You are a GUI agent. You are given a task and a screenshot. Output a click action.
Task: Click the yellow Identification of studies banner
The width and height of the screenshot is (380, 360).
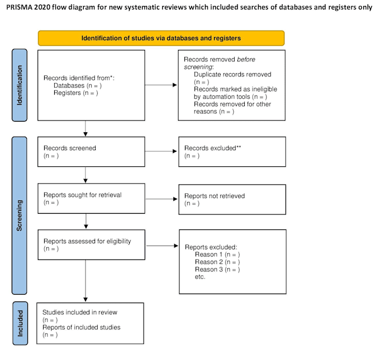click(161, 38)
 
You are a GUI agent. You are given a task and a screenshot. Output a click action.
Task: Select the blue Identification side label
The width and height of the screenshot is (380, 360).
click(20, 85)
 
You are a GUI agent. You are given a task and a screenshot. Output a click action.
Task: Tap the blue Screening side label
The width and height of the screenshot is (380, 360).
click(20, 215)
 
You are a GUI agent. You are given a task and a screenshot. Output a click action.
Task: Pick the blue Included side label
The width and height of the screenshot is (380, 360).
click(20, 323)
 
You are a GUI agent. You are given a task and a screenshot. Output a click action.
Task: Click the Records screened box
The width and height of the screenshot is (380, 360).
click(91, 152)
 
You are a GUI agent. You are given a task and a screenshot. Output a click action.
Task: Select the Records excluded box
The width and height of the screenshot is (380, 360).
click(232, 152)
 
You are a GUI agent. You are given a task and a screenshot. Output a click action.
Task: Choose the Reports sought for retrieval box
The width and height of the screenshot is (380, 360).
click(91, 198)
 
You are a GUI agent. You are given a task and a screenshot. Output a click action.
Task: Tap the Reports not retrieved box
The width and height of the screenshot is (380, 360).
click(232, 199)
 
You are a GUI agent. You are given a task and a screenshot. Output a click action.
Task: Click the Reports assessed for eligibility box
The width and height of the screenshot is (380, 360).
click(91, 245)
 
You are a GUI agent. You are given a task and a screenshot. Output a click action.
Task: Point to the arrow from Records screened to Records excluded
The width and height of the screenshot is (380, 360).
click(161, 151)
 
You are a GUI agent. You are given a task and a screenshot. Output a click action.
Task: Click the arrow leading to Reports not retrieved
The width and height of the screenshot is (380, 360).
click(161, 199)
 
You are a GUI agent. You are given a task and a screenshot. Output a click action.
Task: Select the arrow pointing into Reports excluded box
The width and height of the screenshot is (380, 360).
click(162, 246)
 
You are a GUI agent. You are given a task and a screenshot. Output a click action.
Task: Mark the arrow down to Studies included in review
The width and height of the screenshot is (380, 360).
click(85, 281)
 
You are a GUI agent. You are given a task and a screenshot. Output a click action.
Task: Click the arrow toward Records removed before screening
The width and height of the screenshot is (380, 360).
click(161, 85)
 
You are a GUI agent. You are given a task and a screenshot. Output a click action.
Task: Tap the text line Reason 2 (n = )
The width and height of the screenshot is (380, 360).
click(217, 262)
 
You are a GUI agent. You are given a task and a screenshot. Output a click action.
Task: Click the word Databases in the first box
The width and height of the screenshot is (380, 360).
click(69, 85)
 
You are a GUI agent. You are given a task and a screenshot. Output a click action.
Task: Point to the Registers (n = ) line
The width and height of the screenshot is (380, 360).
click(76, 93)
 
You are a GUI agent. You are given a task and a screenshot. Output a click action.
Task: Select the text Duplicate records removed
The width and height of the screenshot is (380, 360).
click(232, 74)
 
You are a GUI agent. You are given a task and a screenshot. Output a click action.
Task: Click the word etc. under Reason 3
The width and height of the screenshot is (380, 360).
click(200, 277)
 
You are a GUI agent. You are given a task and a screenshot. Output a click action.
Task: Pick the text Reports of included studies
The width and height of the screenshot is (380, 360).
click(82, 327)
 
